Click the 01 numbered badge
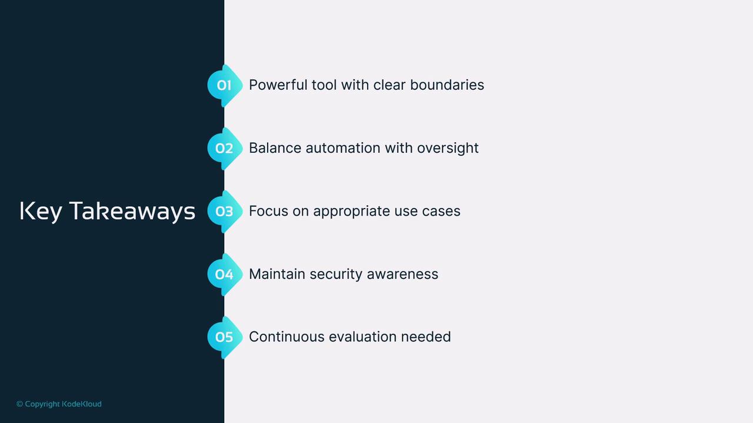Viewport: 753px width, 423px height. point(225,85)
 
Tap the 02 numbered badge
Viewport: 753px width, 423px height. point(225,149)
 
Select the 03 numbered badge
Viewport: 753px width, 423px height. point(225,211)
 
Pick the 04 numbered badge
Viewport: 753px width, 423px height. point(225,274)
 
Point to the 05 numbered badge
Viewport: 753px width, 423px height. point(225,337)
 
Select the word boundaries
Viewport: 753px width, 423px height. point(447,85)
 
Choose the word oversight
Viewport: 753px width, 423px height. point(448,148)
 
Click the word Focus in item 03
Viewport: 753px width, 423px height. point(269,211)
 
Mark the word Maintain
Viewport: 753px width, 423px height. point(277,274)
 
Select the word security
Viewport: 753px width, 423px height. point(336,274)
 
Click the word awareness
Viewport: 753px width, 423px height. point(402,274)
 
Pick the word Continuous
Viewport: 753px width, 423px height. point(286,337)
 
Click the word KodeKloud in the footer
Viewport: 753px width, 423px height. point(82,404)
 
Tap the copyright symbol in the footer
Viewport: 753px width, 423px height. point(20,404)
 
